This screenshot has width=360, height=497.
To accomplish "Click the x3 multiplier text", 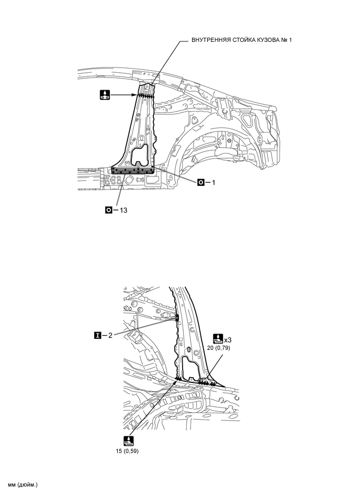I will tap(228, 339).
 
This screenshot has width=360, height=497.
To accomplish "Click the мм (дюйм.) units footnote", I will tap(23, 484).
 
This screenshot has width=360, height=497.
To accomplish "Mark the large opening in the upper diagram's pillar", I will tap(141, 156).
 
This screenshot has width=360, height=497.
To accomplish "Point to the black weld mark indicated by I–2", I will tap(176, 317).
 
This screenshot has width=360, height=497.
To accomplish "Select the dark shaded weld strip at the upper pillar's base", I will tap(133, 170).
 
